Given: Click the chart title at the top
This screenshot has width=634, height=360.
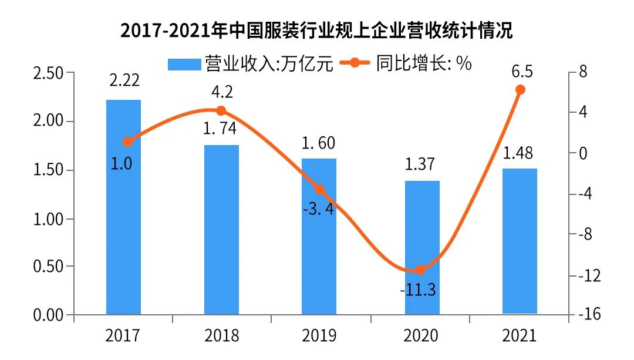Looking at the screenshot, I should (x=316, y=30).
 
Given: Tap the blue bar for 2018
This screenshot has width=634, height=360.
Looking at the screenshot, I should (x=221, y=230).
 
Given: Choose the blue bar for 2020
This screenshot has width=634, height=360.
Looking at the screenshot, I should (x=422, y=247).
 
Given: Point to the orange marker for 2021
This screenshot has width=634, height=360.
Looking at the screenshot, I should (x=520, y=89).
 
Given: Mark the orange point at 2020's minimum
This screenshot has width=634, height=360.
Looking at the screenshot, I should (x=420, y=270).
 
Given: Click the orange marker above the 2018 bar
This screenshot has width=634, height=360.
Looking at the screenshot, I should (x=221, y=110).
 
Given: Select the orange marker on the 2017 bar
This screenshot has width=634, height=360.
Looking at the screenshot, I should (x=128, y=142).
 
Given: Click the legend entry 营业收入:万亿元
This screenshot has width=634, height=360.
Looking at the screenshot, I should (x=251, y=64).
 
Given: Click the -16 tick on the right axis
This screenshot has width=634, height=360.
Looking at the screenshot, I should (x=589, y=315).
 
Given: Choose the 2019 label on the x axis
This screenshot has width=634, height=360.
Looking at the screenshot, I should (x=319, y=336).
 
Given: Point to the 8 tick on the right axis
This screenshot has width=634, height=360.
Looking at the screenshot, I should (x=583, y=72).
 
